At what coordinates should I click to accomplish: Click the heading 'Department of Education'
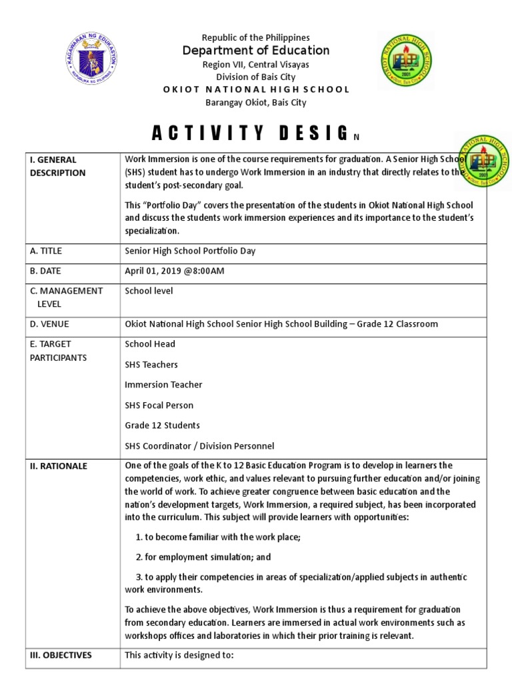(x=257, y=51)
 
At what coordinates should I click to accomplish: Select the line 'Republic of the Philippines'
(x=257, y=37)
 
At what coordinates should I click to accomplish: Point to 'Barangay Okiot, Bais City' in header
(x=257, y=102)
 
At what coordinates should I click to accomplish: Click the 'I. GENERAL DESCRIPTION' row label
(x=57, y=166)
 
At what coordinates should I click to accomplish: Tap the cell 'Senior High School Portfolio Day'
(x=190, y=251)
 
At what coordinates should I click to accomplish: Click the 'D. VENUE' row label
(x=49, y=324)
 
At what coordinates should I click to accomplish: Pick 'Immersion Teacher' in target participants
(x=163, y=385)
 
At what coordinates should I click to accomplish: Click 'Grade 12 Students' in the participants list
(x=162, y=425)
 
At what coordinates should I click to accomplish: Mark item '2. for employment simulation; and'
(x=203, y=557)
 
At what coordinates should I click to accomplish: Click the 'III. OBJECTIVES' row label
(x=60, y=655)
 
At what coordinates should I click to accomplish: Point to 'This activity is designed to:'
(x=179, y=655)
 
